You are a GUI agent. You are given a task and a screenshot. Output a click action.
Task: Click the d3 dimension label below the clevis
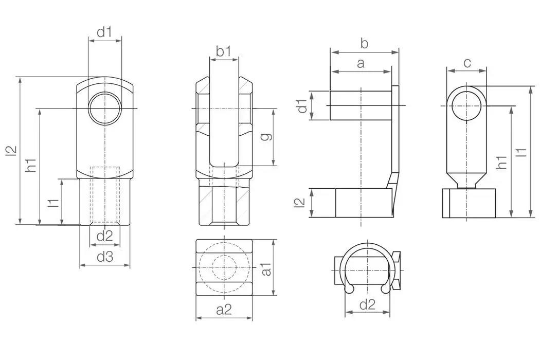(x=104, y=257)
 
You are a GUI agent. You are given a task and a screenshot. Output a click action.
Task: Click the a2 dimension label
(x=224, y=309)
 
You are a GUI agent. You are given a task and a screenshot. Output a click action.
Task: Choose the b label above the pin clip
(x=364, y=44)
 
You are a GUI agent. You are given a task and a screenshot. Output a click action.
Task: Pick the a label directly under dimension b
(x=361, y=63)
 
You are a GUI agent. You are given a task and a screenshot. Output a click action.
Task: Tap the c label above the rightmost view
(x=467, y=63)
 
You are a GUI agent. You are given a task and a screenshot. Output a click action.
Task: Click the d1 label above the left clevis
(x=104, y=32)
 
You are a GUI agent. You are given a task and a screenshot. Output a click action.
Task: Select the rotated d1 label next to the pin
(x=302, y=105)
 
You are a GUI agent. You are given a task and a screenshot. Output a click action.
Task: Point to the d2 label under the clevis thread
(x=104, y=236)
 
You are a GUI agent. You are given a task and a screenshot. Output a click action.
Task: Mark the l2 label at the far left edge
(x=11, y=150)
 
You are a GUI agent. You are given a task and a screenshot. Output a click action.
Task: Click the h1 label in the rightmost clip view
(x=502, y=161)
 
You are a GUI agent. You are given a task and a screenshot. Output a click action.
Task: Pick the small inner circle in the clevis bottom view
(x=224, y=267)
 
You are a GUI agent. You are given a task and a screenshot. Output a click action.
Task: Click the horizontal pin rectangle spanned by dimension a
(x=361, y=105)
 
